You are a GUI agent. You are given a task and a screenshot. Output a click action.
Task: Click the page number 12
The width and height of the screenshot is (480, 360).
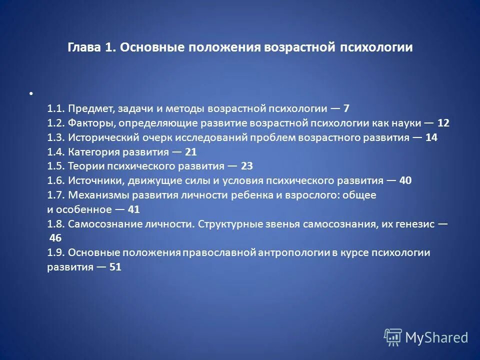pos(443,122)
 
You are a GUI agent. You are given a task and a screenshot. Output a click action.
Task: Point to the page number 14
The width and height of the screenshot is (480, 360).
pos(431,137)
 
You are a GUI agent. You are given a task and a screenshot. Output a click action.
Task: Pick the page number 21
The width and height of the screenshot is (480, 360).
pos(191,151)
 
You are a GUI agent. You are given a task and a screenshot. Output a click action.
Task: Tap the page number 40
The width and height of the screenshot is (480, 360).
pos(406,180)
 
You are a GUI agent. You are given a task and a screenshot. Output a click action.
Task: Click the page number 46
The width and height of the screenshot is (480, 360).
pos(56,238)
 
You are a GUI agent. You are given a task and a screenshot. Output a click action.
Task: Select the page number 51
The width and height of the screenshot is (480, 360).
pos(115,267)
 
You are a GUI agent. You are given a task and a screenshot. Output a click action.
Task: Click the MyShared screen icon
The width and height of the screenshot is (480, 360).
pos(393,336)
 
